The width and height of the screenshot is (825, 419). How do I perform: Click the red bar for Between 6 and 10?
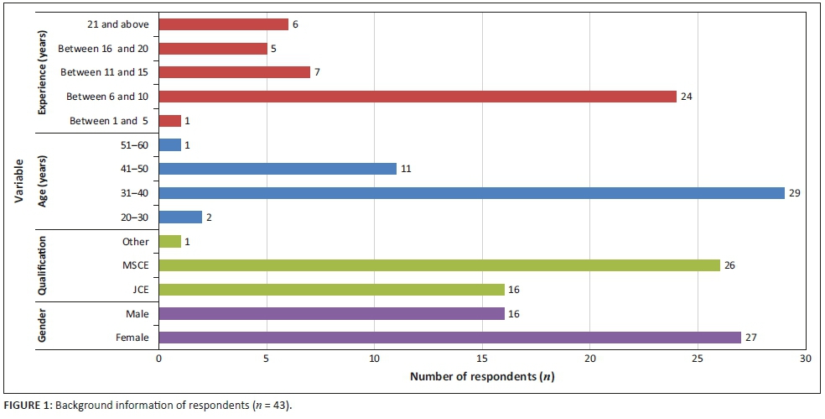coord(417,97)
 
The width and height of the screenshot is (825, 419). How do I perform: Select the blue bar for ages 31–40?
coord(471,193)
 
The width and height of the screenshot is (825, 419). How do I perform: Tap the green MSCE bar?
coord(438,265)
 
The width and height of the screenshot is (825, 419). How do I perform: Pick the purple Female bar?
coord(449,338)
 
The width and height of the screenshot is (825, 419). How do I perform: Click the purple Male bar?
coord(330,313)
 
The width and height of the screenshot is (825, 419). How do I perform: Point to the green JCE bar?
coord(330,290)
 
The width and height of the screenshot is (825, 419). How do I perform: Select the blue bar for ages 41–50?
coord(277,169)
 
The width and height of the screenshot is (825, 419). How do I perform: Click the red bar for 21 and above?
coord(223,24)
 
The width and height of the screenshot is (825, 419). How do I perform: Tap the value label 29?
coord(795,193)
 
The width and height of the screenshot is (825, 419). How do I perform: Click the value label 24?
coord(687,97)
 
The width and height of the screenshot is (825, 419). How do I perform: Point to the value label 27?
coord(751,338)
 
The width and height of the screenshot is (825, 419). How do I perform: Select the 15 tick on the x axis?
coord(482,358)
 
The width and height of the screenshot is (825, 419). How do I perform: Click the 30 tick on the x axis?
coord(806,358)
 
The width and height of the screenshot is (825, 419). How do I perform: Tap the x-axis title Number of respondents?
coord(482,375)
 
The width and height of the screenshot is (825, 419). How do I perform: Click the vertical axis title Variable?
coord(18,181)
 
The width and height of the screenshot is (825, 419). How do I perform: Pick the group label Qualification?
coord(43,265)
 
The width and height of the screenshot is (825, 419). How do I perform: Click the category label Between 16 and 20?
coord(103,49)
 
